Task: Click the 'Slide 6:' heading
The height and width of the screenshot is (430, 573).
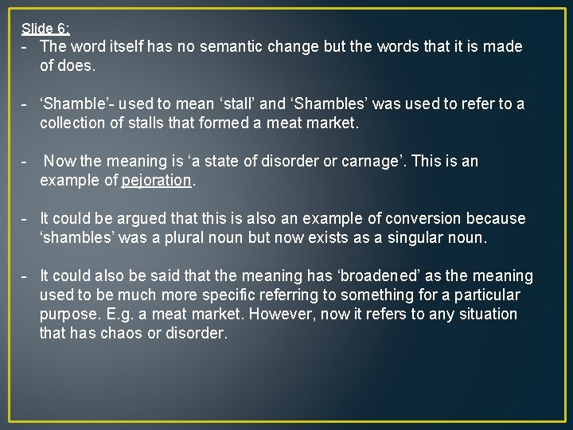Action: pyautogui.click(x=45, y=29)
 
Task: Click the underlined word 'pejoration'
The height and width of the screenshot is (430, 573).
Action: pyautogui.click(x=157, y=181)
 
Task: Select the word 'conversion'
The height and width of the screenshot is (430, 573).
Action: pyautogui.click(x=423, y=219)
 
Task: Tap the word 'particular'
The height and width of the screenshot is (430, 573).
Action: pyautogui.click(x=485, y=295)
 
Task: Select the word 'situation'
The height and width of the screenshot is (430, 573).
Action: pyautogui.click(x=485, y=315)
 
